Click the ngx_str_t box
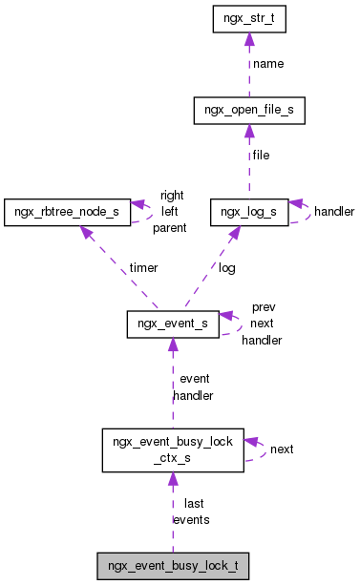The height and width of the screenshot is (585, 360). tap(248, 19)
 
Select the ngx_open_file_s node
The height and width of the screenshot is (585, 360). tap(248, 111)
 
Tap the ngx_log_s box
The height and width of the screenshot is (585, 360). tap(248, 210)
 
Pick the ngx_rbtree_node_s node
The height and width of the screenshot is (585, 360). tap(67, 210)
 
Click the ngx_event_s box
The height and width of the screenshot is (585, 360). tap(173, 324)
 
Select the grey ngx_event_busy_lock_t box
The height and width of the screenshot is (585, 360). tap(173, 566)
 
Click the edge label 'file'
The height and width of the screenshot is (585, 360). tap(261, 155)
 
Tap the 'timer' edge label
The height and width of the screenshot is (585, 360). tap(143, 268)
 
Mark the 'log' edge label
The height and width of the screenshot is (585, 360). tap(226, 268)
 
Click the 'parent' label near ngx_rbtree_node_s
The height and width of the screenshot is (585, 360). tap(169, 228)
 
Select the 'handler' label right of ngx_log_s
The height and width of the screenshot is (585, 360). tap(334, 211)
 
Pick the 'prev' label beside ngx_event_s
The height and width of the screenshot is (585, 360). tap(263, 308)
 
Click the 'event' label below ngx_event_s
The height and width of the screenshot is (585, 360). tap(194, 379)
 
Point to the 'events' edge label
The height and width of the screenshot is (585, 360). tap(191, 519)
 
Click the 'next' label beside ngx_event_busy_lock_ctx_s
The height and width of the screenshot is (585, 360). tap(282, 448)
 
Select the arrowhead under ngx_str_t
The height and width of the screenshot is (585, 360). tap(248, 40)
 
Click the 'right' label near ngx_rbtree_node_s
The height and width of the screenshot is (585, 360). tap(172, 196)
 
